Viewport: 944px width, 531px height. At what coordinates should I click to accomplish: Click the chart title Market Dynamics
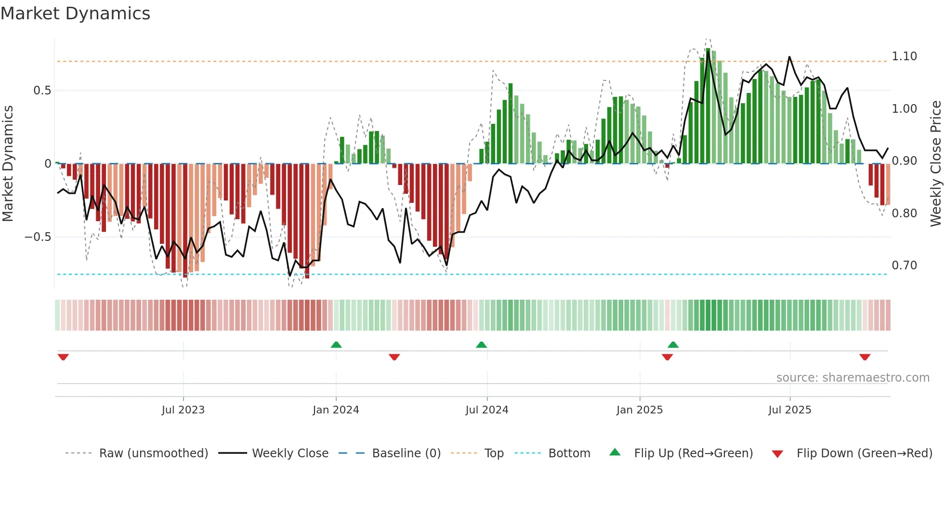(76, 13)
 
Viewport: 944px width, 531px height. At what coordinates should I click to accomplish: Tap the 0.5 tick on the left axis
(42, 91)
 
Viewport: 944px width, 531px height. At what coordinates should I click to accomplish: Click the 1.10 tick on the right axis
(904, 56)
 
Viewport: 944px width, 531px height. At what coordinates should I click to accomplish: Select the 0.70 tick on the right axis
(904, 265)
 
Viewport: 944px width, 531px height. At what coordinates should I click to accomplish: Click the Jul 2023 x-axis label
(183, 410)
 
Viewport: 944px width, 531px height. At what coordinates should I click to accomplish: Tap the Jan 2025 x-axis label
(639, 410)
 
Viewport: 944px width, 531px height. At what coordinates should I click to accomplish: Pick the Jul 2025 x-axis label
(789, 410)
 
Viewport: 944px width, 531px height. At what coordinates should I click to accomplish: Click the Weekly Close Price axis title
(935, 164)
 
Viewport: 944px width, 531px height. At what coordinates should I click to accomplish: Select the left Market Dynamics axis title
(8, 164)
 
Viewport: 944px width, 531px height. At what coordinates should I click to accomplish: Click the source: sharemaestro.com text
(852, 378)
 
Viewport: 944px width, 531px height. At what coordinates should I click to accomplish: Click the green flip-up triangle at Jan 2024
(336, 345)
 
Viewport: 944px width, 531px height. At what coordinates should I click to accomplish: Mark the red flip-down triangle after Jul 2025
(865, 357)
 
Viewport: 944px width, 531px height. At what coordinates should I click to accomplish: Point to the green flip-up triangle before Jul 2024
(481, 345)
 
